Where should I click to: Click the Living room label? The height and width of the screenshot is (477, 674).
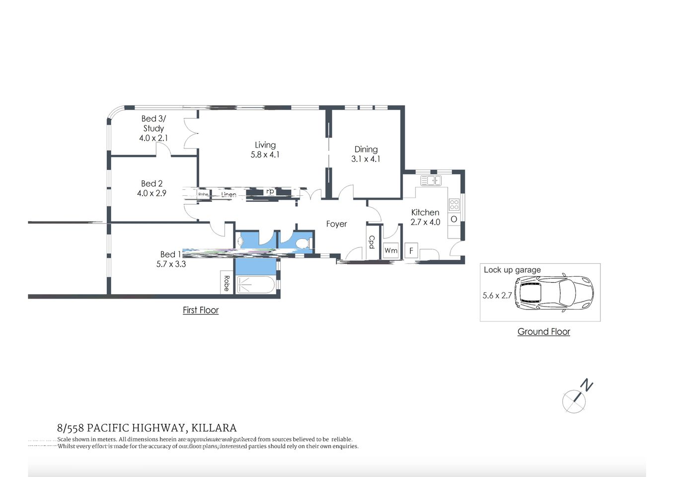pyautogui.click(x=265, y=145)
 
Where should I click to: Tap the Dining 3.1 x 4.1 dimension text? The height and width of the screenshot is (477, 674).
pyautogui.click(x=366, y=159)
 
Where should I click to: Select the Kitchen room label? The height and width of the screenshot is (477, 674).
pyautogui.click(x=425, y=212)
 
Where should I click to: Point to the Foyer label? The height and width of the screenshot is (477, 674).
pyautogui.click(x=336, y=224)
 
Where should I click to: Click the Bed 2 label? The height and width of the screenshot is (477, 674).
pyautogui.click(x=151, y=184)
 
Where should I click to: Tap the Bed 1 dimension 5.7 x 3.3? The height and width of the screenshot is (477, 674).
pyautogui.click(x=171, y=264)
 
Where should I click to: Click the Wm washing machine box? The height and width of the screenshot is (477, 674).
pyautogui.click(x=391, y=250)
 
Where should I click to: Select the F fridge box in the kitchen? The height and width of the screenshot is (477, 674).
pyautogui.click(x=411, y=250)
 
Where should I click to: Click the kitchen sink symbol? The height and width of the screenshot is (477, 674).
pyautogui.click(x=431, y=180)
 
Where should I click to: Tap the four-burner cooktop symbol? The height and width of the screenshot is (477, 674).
pyautogui.click(x=454, y=204)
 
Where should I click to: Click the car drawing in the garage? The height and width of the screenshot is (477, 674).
pyautogui.click(x=553, y=293)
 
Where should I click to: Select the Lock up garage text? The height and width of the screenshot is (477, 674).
pyautogui.click(x=512, y=270)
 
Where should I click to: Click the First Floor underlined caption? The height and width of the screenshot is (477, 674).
pyautogui.click(x=201, y=310)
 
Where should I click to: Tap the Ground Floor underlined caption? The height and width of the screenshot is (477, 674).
pyautogui.click(x=543, y=331)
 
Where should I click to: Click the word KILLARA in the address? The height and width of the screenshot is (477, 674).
pyautogui.click(x=214, y=428)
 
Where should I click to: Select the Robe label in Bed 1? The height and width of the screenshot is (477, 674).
pyautogui.click(x=226, y=283)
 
